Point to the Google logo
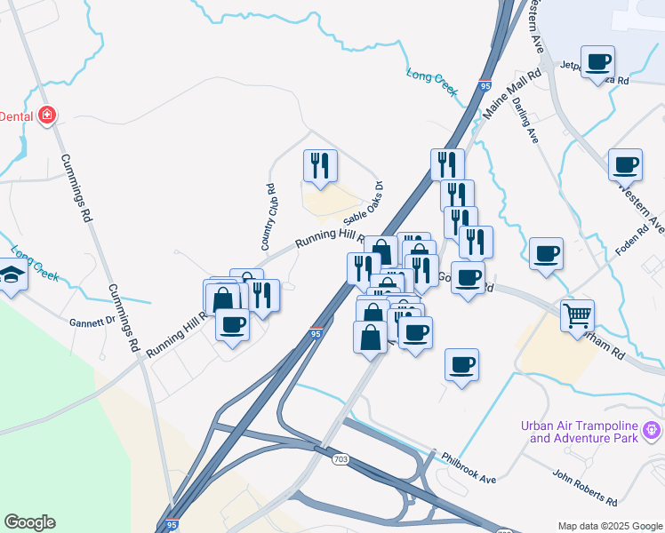point(29,522)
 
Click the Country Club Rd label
point(268,217)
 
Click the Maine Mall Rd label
point(512,96)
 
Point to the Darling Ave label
point(525,120)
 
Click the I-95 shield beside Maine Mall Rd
point(484,86)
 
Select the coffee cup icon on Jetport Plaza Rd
point(598,62)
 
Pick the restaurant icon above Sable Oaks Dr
point(320,164)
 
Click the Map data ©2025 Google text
point(610,526)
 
